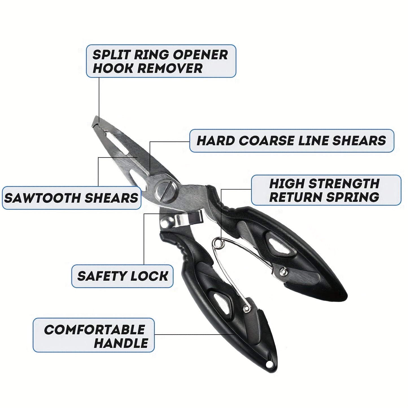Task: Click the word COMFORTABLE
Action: click(x=94, y=330)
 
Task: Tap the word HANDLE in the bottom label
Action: click(x=121, y=343)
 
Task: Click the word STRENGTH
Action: click(x=344, y=183)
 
